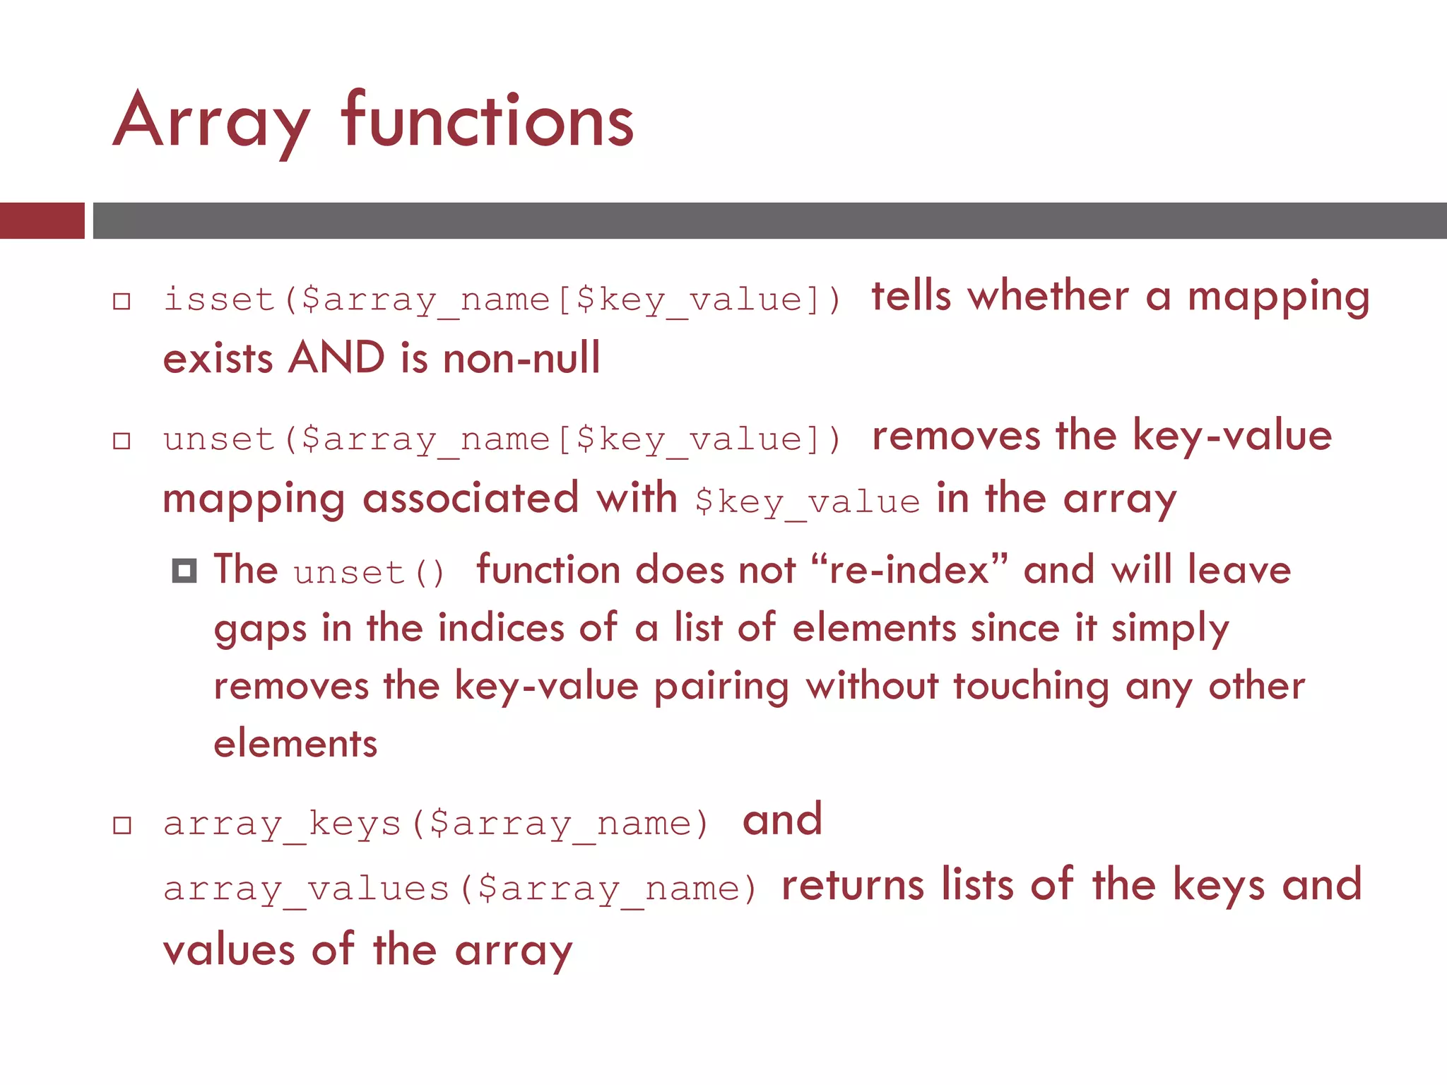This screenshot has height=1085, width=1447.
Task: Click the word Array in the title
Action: pos(211,121)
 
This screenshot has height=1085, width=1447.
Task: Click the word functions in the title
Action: pos(488,121)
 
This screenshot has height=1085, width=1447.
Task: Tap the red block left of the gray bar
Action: pos(42,220)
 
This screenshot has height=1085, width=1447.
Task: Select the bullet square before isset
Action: pos(122,302)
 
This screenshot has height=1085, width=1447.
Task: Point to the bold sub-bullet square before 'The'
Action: pos(184,570)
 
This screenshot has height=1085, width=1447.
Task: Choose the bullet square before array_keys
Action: pos(122,825)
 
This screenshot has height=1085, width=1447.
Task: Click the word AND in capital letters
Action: pos(336,357)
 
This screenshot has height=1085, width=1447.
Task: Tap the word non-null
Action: pos(521,358)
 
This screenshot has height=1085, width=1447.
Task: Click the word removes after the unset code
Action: pos(956,436)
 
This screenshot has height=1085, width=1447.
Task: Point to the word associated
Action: pos(471,497)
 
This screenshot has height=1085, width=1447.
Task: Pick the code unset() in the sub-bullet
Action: pos(370,572)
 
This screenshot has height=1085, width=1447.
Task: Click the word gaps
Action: pos(260,629)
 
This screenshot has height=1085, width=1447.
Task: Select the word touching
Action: pos(1031,687)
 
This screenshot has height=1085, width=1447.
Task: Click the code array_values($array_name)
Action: pos(460,889)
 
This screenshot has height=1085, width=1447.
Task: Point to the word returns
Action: pos(853,885)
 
